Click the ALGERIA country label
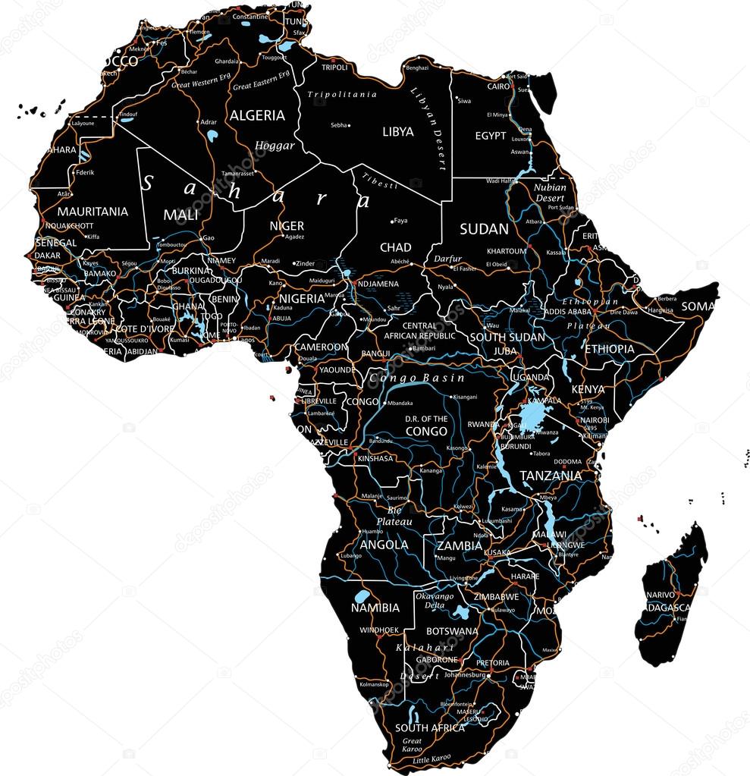257,115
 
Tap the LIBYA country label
398,132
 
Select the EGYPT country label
491,136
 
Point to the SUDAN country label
484,228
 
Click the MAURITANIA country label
93,212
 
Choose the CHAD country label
395,247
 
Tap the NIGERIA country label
303,299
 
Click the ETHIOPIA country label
609,349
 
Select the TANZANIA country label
551,476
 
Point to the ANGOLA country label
384,545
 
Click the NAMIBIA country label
375,608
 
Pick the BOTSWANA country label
452,631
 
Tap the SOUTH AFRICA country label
430,727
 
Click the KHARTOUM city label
507,251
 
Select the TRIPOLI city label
334,68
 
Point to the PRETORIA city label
493,663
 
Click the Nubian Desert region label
550,193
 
